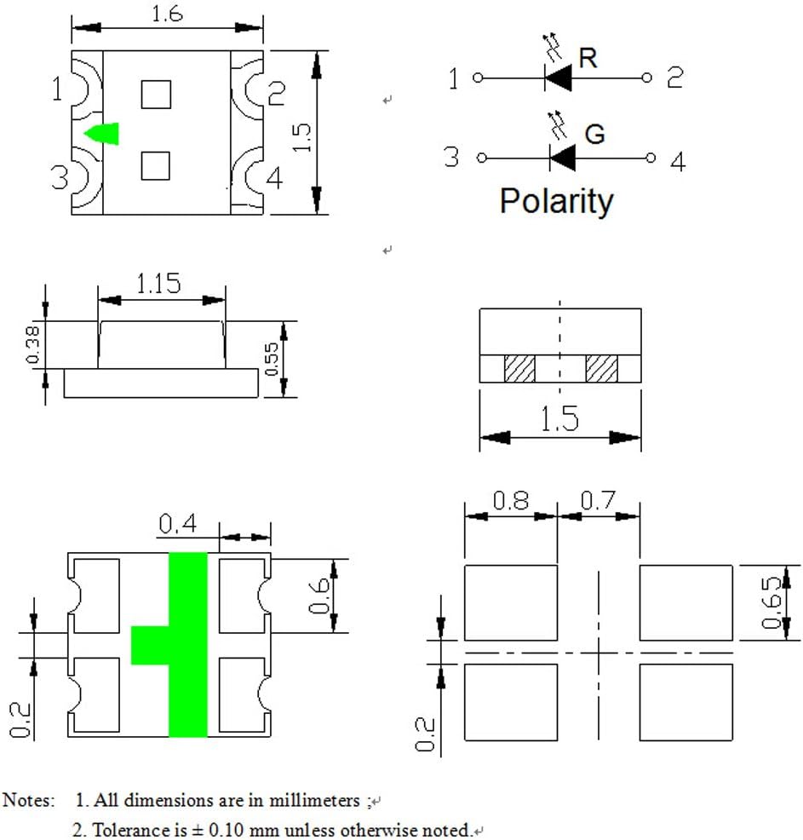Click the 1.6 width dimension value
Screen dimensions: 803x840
point(167,14)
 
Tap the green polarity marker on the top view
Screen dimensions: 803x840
point(103,134)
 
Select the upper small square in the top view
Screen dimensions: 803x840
point(156,95)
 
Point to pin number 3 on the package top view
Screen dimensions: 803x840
point(60,177)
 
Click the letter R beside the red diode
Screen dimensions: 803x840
point(588,58)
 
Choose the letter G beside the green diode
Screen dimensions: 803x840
point(594,134)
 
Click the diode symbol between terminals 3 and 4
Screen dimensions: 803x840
point(562,158)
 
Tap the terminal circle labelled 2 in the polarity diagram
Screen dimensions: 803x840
point(646,78)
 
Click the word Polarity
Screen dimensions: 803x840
point(556,201)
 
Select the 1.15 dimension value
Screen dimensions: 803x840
point(158,284)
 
